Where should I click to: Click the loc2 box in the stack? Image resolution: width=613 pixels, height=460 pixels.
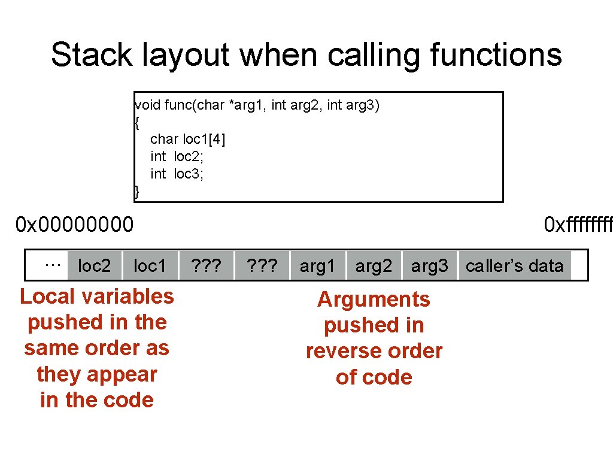[x=94, y=266]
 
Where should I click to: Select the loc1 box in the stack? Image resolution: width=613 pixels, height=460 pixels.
[x=150, y=266]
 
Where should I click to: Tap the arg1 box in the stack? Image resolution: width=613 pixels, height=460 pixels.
[x=317, y=266]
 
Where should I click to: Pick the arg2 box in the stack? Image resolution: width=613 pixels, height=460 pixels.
[x=374, y=266]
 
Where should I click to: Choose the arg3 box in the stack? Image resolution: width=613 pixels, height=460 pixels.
[x=429, y=266]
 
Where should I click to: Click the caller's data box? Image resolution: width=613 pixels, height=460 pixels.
[x=514, y=266]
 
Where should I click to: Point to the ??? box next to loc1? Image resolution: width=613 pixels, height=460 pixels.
[x=205, y=266]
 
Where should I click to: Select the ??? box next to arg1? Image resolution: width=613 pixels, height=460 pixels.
[x=262, y=266]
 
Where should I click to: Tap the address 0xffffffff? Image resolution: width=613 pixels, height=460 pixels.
[x=578, y=225]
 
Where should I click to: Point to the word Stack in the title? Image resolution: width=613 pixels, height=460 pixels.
[x=93, y=55]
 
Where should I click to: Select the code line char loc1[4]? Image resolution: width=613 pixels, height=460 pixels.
[x=188, y=139]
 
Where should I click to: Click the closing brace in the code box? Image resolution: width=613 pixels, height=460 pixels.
[x=137, y=192]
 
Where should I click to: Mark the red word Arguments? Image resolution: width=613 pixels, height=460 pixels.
[x=374, y=299]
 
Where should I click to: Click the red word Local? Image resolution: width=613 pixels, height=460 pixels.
[x=47, y=296]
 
